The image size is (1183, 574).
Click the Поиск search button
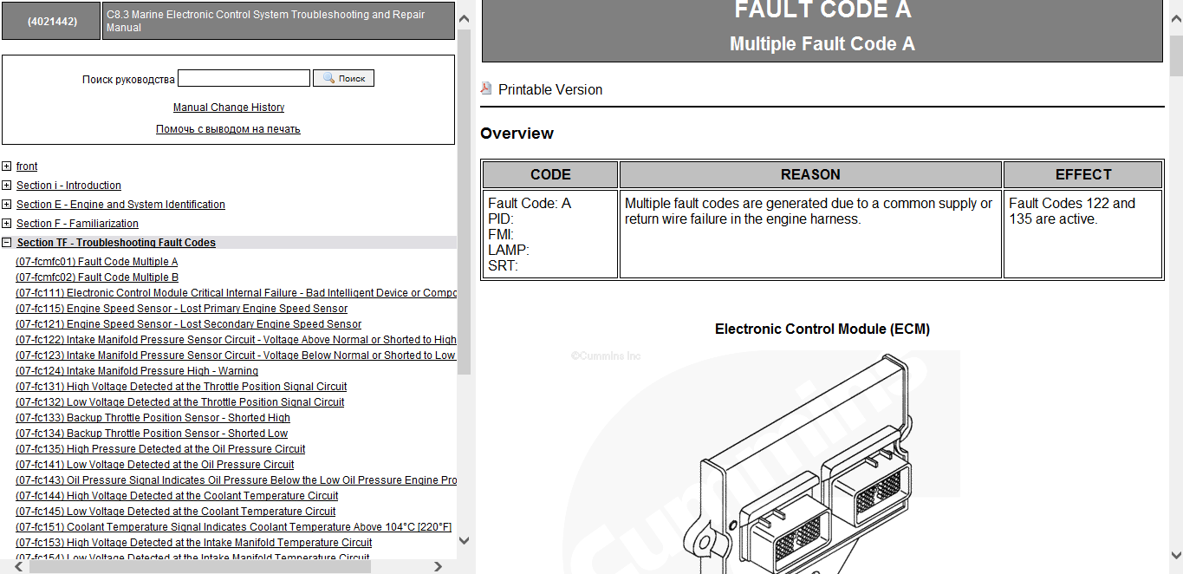tap(343, 78)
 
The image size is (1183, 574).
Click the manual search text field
tap(244, 78)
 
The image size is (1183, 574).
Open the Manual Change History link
tap(229, 108)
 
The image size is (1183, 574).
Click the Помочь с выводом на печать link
tap(228, 129)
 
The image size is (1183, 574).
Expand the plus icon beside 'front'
tap(6, 166)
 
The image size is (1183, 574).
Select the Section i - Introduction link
tap(68, 186)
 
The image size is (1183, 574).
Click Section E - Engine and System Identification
tap(120, 205)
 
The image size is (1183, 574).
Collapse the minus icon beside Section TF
tap(6, 243)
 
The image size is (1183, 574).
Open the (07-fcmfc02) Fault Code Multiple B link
tap(97, 277)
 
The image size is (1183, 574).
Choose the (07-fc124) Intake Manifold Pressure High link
tap(137, 371)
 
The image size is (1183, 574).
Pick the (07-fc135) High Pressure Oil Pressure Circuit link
tap(160, 449)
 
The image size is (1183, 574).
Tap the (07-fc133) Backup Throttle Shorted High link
tap(153, 418)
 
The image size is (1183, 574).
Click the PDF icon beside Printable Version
tap(486, 88)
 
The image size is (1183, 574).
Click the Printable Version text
tap(550, 90)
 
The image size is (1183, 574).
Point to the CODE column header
tap(550, 175)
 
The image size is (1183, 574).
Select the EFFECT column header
tap(1083, 175)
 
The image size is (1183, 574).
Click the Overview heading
tap(517, 134)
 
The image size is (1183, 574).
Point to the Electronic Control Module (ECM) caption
tap(822, 329)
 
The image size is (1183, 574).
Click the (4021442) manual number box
tap(52, 21)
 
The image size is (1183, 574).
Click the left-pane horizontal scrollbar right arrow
tap(438, 566)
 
